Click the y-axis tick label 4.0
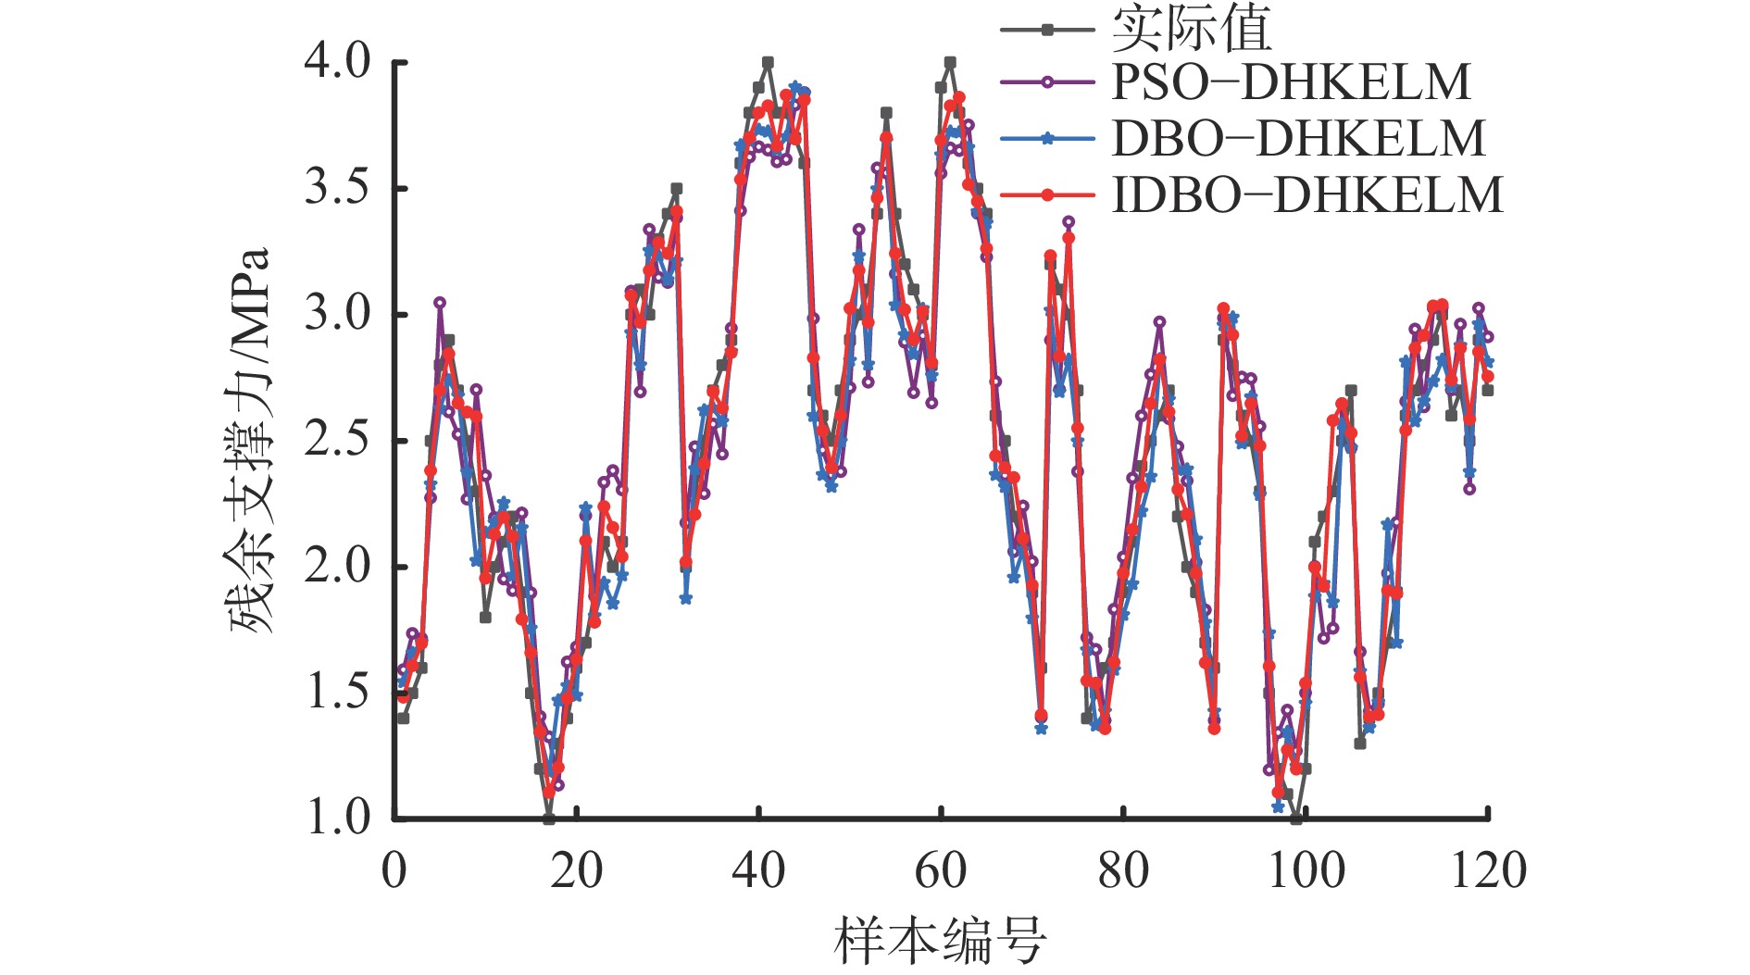[x=337, y=62]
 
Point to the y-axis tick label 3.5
[x=337, y=188]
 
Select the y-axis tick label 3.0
[x=337, y=314]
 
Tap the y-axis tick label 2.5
[x=337, y=440]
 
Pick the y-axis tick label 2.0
[x=337, y=566]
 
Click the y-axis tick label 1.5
[x=337, y=692]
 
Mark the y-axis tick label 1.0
[x=337, y=818]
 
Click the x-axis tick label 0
[x=394, y=870]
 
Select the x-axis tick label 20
[x=576, y=870]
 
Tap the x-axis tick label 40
[x=758, y=870]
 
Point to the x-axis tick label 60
[x=941, y=870]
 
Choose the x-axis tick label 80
[x=1123, y=870]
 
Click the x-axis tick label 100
[x=1306, y=870]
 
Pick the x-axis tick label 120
[x=1488, y=870]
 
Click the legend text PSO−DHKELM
[x=1291, y=82]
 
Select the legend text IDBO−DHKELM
[x=1306, y=195]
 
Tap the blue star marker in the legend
[x=1047, y=139]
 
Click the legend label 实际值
[x=1192, y=29]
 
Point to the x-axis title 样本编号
[x=941, y=940]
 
